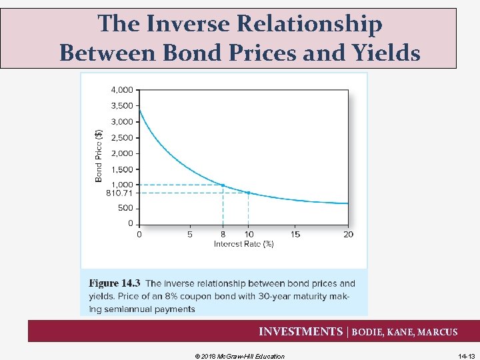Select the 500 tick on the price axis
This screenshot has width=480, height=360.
[125, 208]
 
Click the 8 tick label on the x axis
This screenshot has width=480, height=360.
[223, 234]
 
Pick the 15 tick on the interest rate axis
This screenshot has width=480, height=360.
[296, 234]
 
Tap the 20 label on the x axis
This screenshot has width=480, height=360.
[348, 234]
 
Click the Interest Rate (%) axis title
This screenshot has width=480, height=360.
[243, 244]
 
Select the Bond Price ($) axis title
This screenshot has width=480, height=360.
[99, 155]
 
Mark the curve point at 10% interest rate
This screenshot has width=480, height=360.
[248, 193]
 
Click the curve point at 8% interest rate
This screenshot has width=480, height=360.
[223, 185]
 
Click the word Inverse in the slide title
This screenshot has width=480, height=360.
[192, 25]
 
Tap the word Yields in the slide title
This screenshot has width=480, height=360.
[384, 52]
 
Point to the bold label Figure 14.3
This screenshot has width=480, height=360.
[114, 284]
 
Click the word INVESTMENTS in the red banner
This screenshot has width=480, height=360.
[300, 331]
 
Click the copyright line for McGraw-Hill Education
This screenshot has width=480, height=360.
[239, 356]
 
